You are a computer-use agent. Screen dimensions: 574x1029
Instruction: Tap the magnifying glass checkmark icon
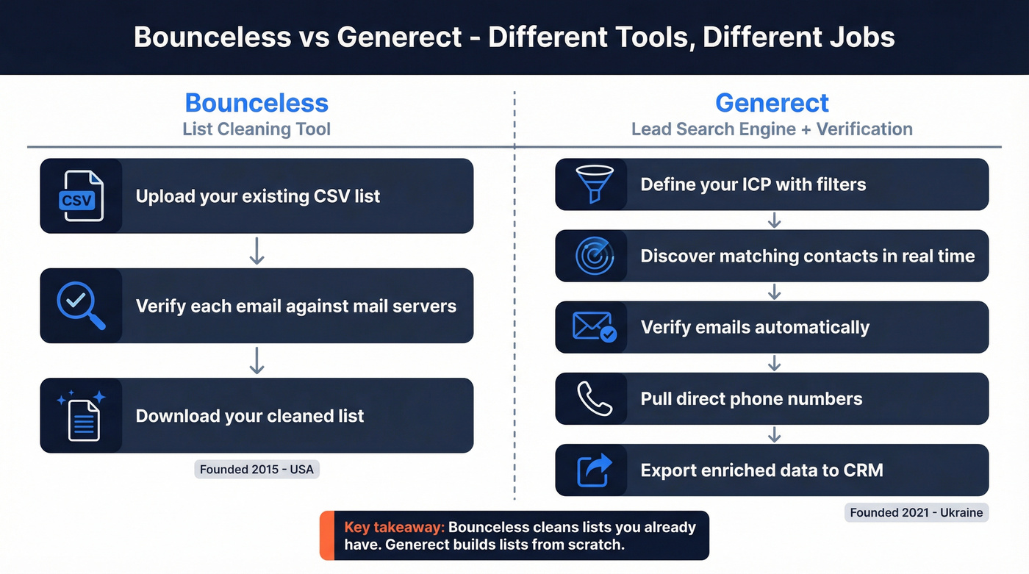81,306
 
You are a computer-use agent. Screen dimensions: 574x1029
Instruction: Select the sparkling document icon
82,415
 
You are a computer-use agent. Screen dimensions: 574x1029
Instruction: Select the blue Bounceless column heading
257,102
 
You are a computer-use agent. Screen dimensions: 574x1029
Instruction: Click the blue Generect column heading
772,102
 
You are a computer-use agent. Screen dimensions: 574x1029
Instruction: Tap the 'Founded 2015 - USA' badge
257,469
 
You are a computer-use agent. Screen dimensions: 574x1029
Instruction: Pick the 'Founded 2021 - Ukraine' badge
916,512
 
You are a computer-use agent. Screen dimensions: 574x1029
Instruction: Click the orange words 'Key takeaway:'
394,527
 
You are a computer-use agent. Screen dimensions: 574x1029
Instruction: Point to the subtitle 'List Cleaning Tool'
257,129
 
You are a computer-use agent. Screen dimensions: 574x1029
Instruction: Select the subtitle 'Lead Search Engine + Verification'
772,129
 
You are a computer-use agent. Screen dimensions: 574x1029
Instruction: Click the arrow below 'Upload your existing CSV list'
257,251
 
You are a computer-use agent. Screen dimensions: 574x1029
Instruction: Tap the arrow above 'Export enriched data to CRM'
774,434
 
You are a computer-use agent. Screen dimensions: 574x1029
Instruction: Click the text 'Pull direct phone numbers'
751,399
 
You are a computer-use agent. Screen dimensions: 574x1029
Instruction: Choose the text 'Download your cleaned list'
250,416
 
